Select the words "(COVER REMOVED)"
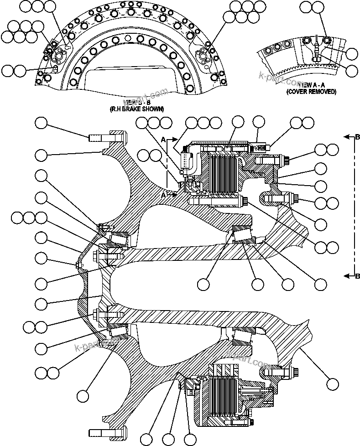[x=311, y=92]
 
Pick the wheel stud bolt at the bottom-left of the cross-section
[x=108, y=430]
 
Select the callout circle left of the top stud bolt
[x=42, y=124]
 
